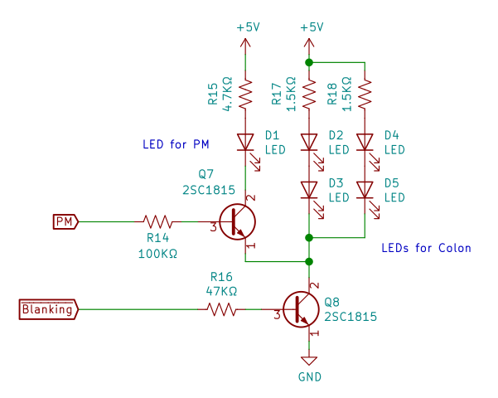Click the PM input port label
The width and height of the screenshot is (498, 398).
(65, 221)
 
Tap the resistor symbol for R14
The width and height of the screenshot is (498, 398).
(157, 221)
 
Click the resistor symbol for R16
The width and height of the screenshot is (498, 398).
(221, 309)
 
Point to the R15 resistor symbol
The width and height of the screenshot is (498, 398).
(246, 93)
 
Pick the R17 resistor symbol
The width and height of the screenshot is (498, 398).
(309, 93)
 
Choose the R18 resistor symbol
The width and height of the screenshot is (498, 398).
(365, 93)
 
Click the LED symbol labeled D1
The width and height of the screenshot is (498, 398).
(246, 142)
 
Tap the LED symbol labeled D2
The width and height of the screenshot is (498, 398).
(309, 142)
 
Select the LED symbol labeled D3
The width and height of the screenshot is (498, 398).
(309, 190)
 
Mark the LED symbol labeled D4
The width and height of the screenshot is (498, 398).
(365, 142)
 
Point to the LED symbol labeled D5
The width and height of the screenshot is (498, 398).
(365, 190)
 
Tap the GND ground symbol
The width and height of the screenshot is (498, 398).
(309, 361)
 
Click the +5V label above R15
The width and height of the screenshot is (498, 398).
(248, 27)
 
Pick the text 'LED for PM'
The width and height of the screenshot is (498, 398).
(176, 144)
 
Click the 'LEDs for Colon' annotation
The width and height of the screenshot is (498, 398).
(426, 248)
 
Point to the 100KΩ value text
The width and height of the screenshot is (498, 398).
(157, 254)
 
